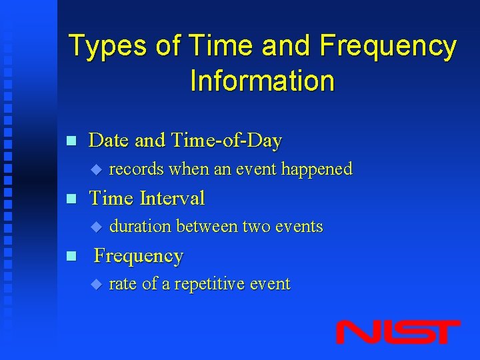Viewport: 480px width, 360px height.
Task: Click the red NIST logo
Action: pos(397,332)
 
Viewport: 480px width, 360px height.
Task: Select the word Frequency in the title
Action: pos(388,47)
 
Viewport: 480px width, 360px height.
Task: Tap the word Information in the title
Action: pos(262,81)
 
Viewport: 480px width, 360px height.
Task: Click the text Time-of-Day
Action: pos(227,141)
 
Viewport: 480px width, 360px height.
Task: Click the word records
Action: pos(136,169)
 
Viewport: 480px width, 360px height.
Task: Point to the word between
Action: pos(207,227)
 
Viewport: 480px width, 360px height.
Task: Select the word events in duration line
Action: pos(298,227)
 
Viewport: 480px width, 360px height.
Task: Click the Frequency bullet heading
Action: pos(139,256)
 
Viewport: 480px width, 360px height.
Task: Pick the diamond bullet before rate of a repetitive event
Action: pos(95,285)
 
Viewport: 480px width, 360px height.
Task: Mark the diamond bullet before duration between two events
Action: pos(95,227)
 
